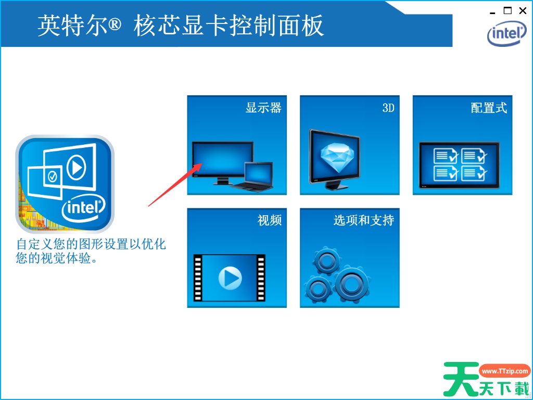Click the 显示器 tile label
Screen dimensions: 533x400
coord(263,108)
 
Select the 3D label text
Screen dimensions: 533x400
coord(388,108)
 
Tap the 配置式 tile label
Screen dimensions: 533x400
coord(489,108)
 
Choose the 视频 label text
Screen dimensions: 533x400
coord(270,220)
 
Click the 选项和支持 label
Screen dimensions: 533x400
coord(364,220)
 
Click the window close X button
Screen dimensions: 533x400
coord(523,11)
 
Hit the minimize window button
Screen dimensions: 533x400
coord(492,13)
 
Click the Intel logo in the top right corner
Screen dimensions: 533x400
coord(506,33)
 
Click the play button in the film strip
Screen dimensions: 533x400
coord(230,278)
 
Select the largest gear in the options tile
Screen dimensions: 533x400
coord(351,283)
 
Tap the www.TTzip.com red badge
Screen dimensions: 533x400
coord(505,371)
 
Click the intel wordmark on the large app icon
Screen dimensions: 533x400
coord(84,207)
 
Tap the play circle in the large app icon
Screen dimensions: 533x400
coord(76,167)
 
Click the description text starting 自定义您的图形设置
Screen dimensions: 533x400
coord(91,251)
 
